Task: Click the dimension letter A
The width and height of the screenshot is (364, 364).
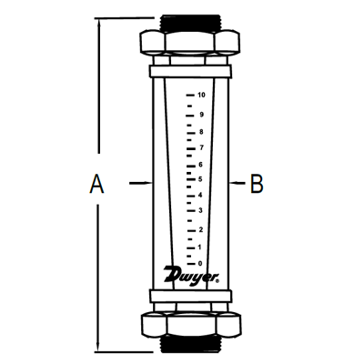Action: click(96, 185)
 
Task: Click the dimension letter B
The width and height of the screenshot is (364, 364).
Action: click(258, 185)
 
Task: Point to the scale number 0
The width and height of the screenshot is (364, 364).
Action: click(200, 263)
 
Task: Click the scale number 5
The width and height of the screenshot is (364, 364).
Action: click(200, 178)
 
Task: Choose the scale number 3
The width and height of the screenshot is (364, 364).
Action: click(200, 211)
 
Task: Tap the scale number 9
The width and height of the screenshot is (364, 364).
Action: click(200, 115)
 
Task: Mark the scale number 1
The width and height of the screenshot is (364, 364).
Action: click(200, 246)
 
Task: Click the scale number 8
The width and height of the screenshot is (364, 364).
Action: click(200, 131)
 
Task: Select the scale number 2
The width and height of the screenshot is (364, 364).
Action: click(200, 228)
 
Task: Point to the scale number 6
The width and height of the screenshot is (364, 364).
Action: click(200, 163)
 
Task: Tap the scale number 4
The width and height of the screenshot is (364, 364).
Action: click(200, 195)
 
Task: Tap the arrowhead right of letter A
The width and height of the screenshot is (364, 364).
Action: click(143, 185)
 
